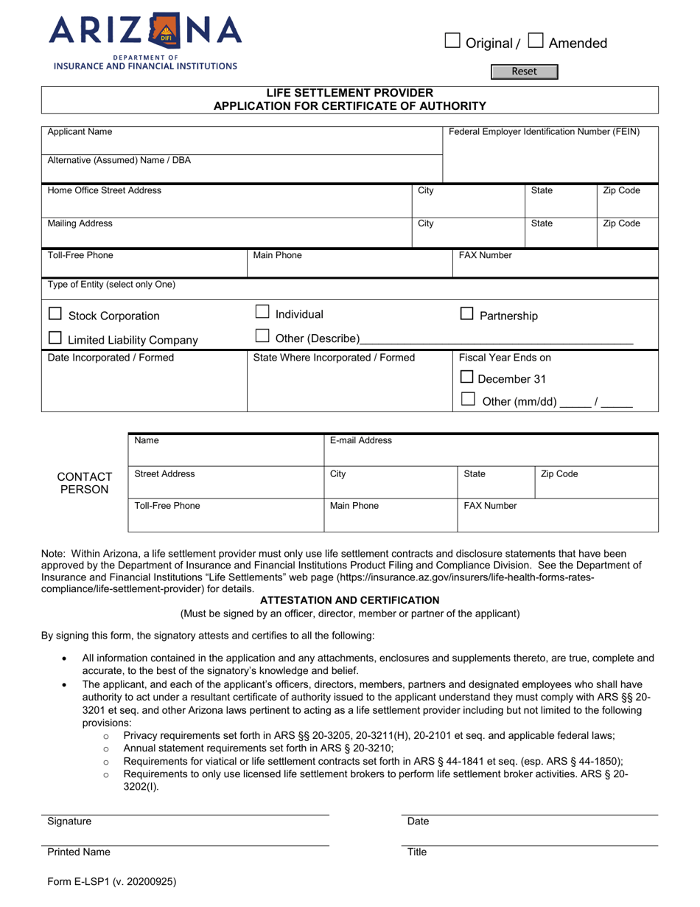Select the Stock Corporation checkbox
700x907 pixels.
[55, 313]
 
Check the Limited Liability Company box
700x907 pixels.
[55, 338]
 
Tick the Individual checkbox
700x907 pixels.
[262, 312]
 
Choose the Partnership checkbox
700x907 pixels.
[466, 313]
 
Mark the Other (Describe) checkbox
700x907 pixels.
[262, 336]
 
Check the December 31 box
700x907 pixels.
[466, 378]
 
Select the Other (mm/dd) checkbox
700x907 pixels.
[466, 400]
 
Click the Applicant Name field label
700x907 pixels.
[80, 132]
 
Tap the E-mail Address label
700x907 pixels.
[361, 441]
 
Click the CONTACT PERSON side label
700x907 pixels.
[85, 483]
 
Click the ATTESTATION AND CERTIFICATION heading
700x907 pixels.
[349, 600]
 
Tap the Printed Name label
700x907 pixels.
[79, 852]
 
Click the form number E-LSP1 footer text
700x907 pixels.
[111, 880]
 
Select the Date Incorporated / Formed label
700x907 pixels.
[111, 358]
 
